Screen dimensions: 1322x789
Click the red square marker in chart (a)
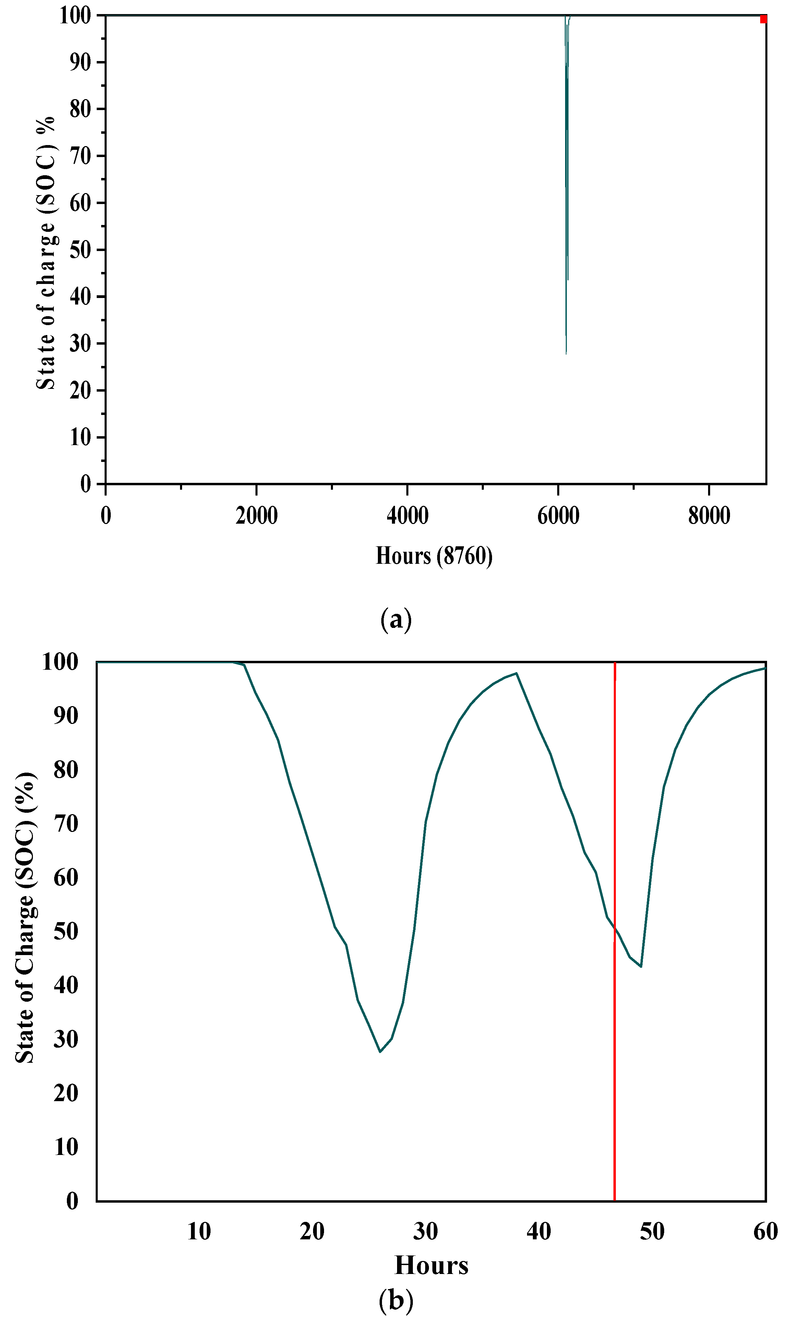pyautogui.click(x=764, y=19)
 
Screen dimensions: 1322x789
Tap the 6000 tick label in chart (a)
pyautogui.click(x=558, y=516)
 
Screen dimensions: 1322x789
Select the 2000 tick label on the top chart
pyautogui.click(x=256, y=516)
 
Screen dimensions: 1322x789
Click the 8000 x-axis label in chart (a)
pyautogui.click(x=709, y=516)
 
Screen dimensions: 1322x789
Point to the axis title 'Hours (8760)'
pyautogui.click(x=434, y=556)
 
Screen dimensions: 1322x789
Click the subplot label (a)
pyautogui.click(x=396, y=619)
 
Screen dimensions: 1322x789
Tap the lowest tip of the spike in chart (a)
pyautogui.click(x=566, y=354)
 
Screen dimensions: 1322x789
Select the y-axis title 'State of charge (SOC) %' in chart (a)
pyautogui.click(x=46, y=252)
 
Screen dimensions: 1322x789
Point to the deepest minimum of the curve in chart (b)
pyautogui.click(x=380, y=1051)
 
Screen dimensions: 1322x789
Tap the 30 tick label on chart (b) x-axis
pyautogui.click(x=425, y=1231)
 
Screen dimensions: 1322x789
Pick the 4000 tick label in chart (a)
pyautogui.click(x=407, y=516)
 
